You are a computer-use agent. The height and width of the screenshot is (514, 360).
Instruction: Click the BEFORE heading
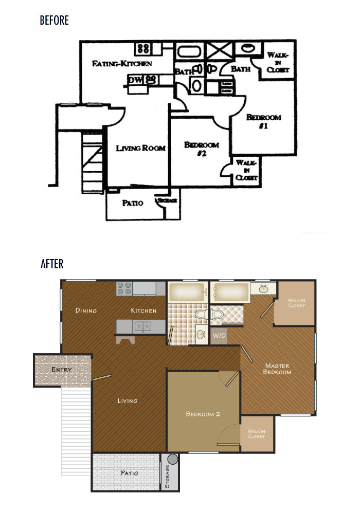pos(54,21)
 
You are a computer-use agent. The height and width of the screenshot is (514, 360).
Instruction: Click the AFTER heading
pos(52,264)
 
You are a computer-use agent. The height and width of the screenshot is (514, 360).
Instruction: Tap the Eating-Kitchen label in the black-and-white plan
pos(122,64)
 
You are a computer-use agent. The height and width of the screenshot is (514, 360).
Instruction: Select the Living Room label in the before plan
pos(140,148)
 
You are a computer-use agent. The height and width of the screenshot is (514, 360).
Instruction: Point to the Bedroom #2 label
pos(202,149)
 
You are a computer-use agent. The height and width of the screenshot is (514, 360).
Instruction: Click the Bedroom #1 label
pos(263,121)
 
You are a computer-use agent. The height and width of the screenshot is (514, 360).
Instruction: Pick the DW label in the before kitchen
pos(135,80)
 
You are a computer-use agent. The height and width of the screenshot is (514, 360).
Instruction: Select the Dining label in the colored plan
pos(86,310)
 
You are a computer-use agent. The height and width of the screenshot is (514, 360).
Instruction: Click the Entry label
pos(61,370)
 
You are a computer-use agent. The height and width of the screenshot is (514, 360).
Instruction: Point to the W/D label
pos(219,337)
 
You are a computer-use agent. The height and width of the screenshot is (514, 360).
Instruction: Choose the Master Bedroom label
pos(277,369)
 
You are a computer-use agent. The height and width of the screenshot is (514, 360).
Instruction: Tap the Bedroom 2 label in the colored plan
pos(203,414)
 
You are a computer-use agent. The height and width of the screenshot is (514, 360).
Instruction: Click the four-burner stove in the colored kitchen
pos(124,288)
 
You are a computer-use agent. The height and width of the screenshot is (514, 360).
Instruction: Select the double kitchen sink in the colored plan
pos(142,326)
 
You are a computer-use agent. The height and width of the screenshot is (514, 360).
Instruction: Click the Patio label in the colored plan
pos(129,473)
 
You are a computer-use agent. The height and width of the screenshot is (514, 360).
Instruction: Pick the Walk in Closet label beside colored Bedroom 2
pos(256,434)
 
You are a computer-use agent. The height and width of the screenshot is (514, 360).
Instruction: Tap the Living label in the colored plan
pos(127,400)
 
